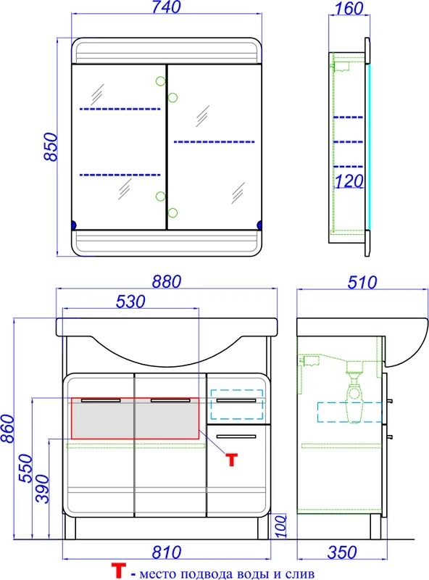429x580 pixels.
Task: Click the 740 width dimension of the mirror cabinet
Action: click(x=167, y=7)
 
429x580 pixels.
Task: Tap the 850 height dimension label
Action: click(x=51, y=147)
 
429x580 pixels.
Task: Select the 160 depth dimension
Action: click(x=349, y=9)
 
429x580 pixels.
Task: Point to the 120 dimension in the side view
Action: click(x=349, y=181)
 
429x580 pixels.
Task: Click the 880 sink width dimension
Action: click(x=167, y=282)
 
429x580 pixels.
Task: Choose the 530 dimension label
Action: click(x=130, y=302)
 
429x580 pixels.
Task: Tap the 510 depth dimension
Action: click(x=362, y=283)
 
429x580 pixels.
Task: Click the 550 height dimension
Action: click(x=26, y=468)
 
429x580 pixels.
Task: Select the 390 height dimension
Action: click(x=42, y=489)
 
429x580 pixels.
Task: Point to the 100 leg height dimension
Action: click(x=281, y=526)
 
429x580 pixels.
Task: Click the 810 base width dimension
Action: click(x=167, y=552)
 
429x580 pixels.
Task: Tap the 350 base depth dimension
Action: click(x=342, y=552)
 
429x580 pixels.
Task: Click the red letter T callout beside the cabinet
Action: click(x=231, y=460)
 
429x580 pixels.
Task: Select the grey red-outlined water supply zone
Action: click(x=135, y=418)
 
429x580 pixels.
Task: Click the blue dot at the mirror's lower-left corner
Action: click(x=73, y=225)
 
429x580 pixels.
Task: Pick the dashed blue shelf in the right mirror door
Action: click(x=214, y=141)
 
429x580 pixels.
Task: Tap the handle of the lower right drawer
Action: click(x=236, y=437)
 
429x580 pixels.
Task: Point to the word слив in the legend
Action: click(x=299, y=573)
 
